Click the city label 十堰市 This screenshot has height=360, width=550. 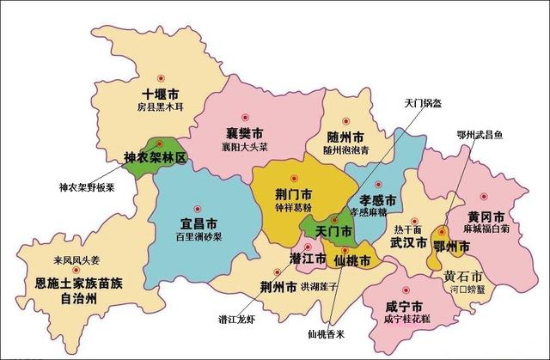click(162, 94)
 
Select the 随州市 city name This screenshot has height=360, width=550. click(345, 137)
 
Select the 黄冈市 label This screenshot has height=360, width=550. click(486, 215)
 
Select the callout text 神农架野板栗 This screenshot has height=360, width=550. click(87, 186)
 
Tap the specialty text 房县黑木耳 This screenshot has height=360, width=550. click(162, 107)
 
